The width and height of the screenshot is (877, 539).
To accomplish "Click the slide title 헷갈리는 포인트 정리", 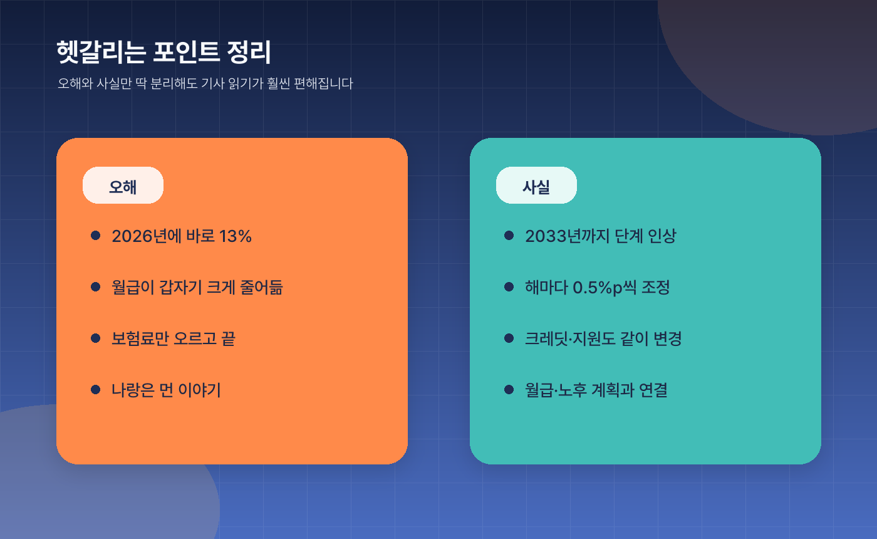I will [163, 53].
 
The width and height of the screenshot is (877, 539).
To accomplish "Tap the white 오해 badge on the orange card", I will [123, 186].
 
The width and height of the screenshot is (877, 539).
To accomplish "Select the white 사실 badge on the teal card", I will [536, 186].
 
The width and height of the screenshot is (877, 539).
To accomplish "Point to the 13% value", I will [236, 236].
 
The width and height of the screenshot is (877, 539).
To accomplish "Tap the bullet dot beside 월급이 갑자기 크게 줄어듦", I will [96, 286].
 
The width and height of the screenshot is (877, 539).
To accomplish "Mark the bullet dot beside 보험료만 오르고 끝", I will [96, 338].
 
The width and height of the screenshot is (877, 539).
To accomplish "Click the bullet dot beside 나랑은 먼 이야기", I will [96, 389].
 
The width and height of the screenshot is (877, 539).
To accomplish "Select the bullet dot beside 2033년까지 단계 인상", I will [509, 235].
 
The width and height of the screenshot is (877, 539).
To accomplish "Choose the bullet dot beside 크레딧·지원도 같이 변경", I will [509, 338].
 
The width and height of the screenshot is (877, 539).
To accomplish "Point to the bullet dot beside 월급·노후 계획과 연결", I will [509, 389].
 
